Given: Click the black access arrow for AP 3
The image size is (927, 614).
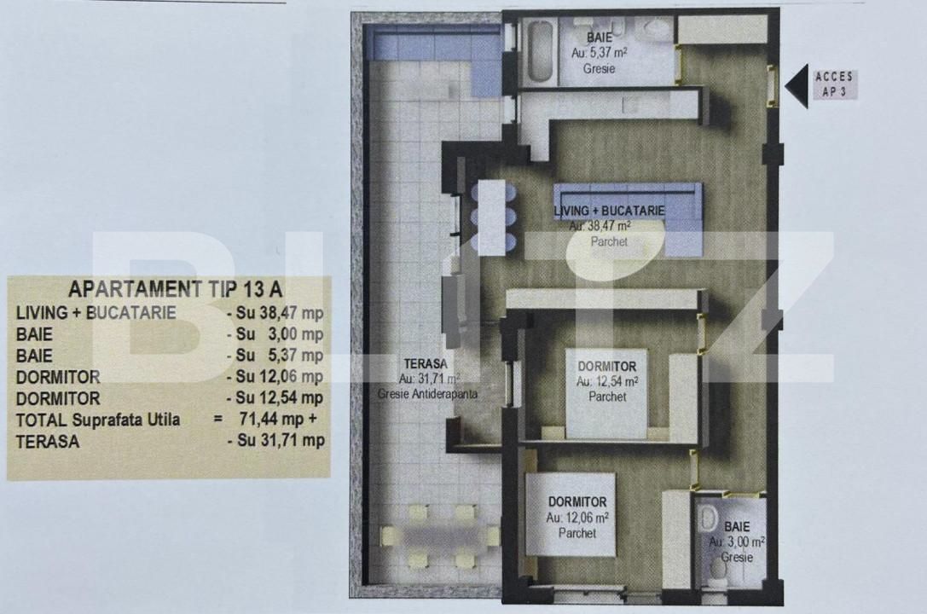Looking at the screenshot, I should (x=797, y=87).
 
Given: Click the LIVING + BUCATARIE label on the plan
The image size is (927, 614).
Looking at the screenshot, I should (x=609, y=210).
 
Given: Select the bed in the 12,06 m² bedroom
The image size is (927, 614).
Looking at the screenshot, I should (x=570, y=513).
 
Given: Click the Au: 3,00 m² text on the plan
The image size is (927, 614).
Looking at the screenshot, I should (x=736, y=542).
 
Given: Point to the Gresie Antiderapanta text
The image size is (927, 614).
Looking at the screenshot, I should (x=428, y=395).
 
